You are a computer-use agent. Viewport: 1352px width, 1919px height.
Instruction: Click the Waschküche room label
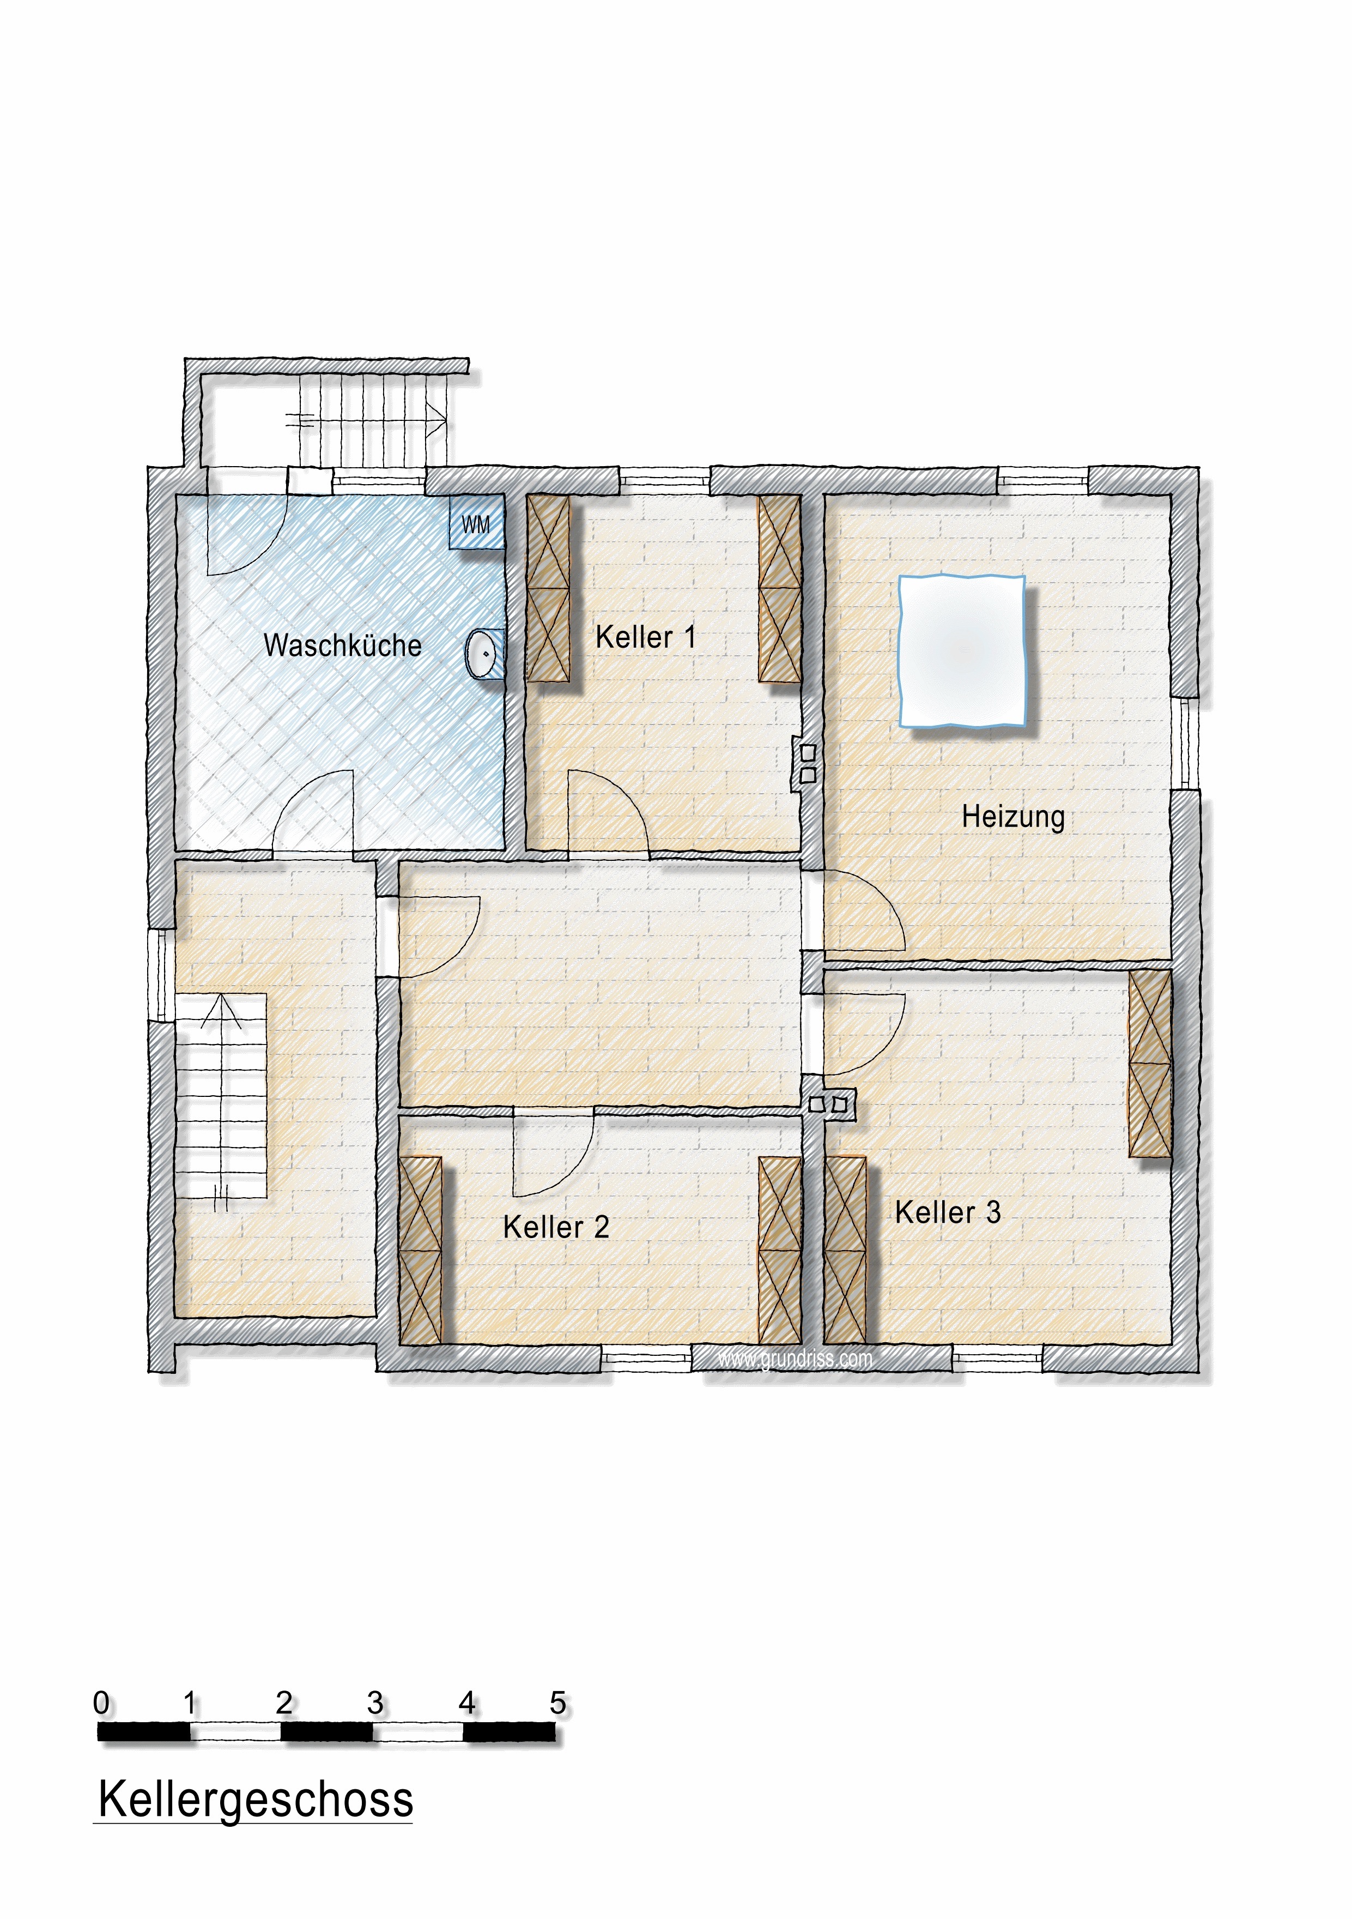(343, 645)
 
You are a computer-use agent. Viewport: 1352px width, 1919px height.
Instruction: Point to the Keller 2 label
(556, 1227)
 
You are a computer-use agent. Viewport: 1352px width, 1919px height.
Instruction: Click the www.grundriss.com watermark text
(795, 1359)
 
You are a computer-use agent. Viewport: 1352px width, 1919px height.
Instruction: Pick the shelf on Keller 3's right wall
(1150, 1063)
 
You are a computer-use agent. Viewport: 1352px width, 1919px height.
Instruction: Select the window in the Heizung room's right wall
(1185, 743)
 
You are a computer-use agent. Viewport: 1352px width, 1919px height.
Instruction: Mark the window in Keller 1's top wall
(664, 481)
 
